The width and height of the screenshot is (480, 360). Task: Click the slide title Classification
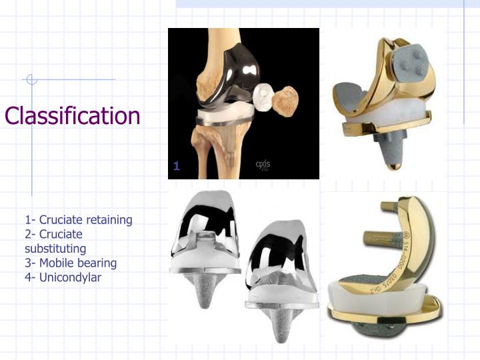pyautogui.click(x=72, y=116)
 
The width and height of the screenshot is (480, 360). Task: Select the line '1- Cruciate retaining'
pyautogui.click(x=79, y=220)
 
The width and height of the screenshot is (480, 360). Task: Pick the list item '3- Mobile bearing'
pyautogui.click(x=71, y=263)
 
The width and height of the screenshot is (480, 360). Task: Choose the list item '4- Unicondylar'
pyautogui.click(x=63, y=277)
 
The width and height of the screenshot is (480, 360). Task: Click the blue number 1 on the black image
pyautogui.click(x=177, y=167)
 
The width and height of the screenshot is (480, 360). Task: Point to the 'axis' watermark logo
pyautogui.click(x=263, y=165)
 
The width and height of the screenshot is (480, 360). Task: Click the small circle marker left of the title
pyautogui.click(x=31, y=80)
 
